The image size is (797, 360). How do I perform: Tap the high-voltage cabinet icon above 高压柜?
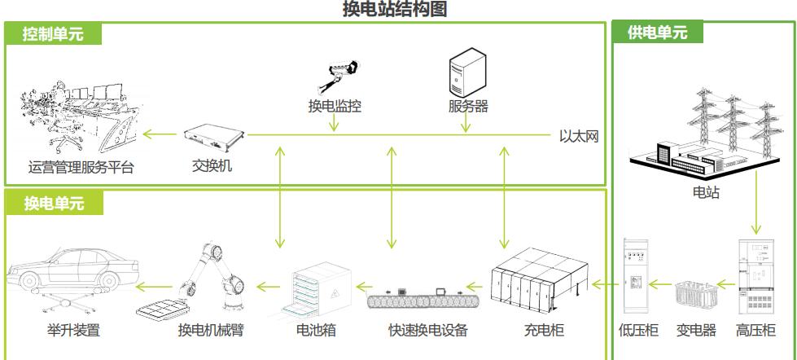pyautogui.click(x=754, y=277)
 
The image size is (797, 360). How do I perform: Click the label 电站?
pyautogui.click(x=704, y=193)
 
